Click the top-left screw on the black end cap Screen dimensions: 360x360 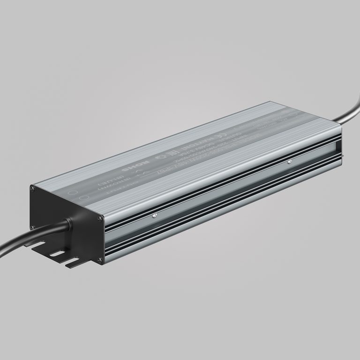point(32,188)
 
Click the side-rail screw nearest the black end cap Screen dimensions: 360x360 point(155,216)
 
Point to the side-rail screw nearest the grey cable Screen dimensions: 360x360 point(289,163)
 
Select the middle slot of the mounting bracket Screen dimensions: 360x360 point(57,254)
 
